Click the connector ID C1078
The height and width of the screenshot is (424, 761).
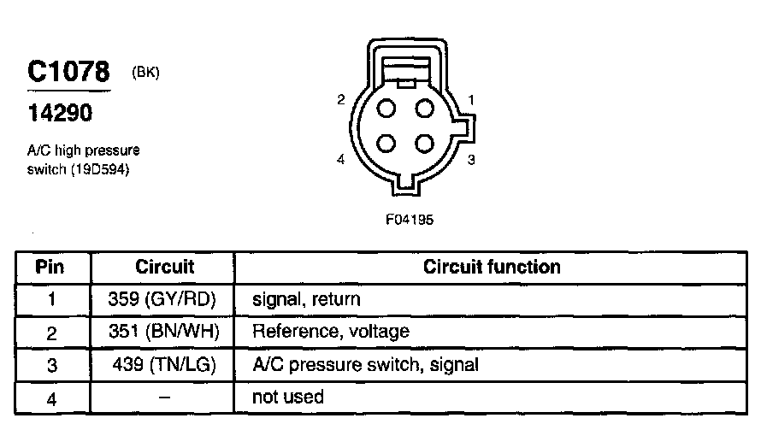click(69, 72)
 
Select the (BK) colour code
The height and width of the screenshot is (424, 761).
click(146, 73)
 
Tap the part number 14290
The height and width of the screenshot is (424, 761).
click(59, 113)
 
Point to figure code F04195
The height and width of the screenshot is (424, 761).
click(410, 219)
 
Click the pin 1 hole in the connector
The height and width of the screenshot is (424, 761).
click(425, 109)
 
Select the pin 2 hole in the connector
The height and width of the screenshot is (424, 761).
click(386, 109)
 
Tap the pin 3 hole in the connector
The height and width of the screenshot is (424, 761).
click(425, 143)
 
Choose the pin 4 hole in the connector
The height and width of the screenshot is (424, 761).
click(386, 143)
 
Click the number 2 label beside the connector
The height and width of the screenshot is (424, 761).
click(340, 100)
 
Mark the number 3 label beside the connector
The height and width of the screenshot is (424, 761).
click(471, 159)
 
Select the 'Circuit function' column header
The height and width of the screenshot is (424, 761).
click(492, 267)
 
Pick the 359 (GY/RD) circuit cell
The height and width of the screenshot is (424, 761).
click(162, 299)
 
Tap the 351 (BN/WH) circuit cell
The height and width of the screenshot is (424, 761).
click(162, 332)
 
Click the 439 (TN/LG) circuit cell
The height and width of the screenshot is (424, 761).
click(163, 364)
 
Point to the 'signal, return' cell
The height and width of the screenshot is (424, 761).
click(306, 300)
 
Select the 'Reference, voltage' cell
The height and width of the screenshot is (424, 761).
click(330, 332)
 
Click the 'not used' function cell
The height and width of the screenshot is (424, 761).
click(288, 397)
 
